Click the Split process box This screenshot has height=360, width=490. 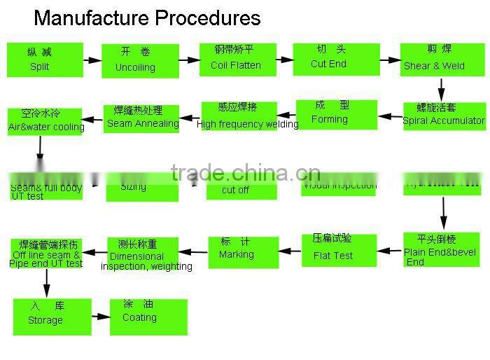point(45,60)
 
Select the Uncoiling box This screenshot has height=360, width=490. point(140,61)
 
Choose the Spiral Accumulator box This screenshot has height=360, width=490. point(444,116)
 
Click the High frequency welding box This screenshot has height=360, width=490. point(239,116)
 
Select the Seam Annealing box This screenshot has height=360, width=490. point(141,118)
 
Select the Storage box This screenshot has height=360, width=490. point(52,316)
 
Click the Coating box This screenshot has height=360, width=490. point(148,317)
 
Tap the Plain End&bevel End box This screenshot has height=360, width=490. point(441,250)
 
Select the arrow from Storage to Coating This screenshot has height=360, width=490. point(100,317)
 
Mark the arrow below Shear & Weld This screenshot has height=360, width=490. point(441,89)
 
